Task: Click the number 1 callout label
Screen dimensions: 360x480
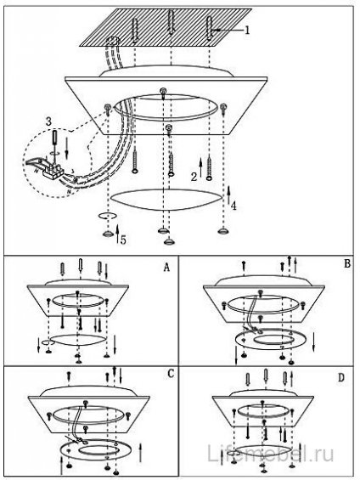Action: (x=247, y=30)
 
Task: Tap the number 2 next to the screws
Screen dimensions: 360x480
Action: (x=194, y=177)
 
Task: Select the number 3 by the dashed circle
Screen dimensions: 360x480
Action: (x=48, y=121)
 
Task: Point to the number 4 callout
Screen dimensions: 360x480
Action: (x=233, y=206)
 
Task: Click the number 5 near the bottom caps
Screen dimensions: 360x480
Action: (x=123, y=240)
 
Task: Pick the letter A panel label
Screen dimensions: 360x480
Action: (x=166, y=268)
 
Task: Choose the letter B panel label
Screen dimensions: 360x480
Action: (x=347, y=263)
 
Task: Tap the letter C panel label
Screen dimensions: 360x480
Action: (x=171, y=374)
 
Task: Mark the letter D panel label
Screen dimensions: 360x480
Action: (x=341, y=378)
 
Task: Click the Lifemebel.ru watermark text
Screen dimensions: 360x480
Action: (x=271, y=454)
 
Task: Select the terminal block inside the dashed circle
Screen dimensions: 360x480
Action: (x=53, y=169)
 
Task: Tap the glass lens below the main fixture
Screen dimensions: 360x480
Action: (x=166, y=200)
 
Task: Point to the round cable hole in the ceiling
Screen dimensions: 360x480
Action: (x=114, y=42)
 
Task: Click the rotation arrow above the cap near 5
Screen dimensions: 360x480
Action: (x=108, y=216)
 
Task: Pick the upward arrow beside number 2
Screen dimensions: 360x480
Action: (x=200, y=167)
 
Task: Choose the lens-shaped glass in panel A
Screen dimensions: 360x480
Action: (x=78, y=340)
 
